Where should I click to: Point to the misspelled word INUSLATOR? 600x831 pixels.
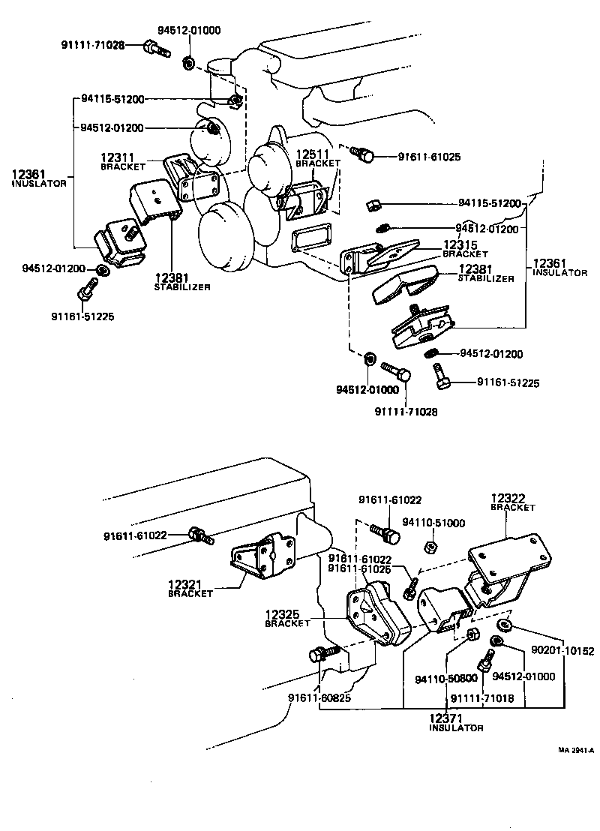40,183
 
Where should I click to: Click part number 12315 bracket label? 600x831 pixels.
461,249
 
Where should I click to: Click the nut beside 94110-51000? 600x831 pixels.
431,547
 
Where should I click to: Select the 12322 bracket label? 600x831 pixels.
512,501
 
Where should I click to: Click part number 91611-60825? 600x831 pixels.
319,697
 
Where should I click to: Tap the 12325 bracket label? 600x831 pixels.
287,618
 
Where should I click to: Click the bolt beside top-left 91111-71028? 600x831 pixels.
154,49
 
